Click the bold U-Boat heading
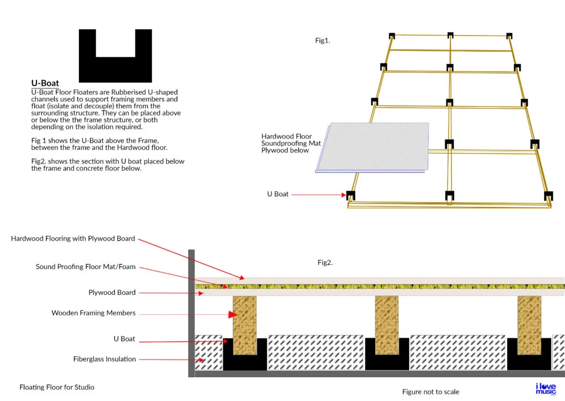coord(45,83)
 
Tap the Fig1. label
coord(323,40)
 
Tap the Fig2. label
coord(325,262)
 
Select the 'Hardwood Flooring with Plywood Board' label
coord(73,239)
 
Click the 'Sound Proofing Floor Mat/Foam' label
coord(86,267)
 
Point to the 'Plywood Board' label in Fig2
coord(112,292)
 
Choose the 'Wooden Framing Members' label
coord(93,313)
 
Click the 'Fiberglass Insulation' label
coord(104,359)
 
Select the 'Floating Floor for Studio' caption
coord(53,387)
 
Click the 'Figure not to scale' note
coord(430,392)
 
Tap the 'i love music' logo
coord(546,388)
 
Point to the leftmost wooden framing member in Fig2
coord(244,325)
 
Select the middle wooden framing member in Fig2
coord(386,325)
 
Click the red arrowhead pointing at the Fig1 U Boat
coord(342,194)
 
